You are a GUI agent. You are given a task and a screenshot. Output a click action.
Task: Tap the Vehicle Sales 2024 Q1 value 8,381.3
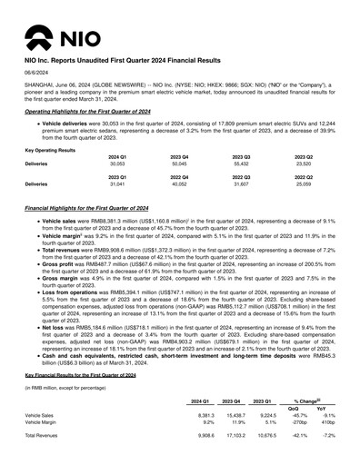(205, 415)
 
